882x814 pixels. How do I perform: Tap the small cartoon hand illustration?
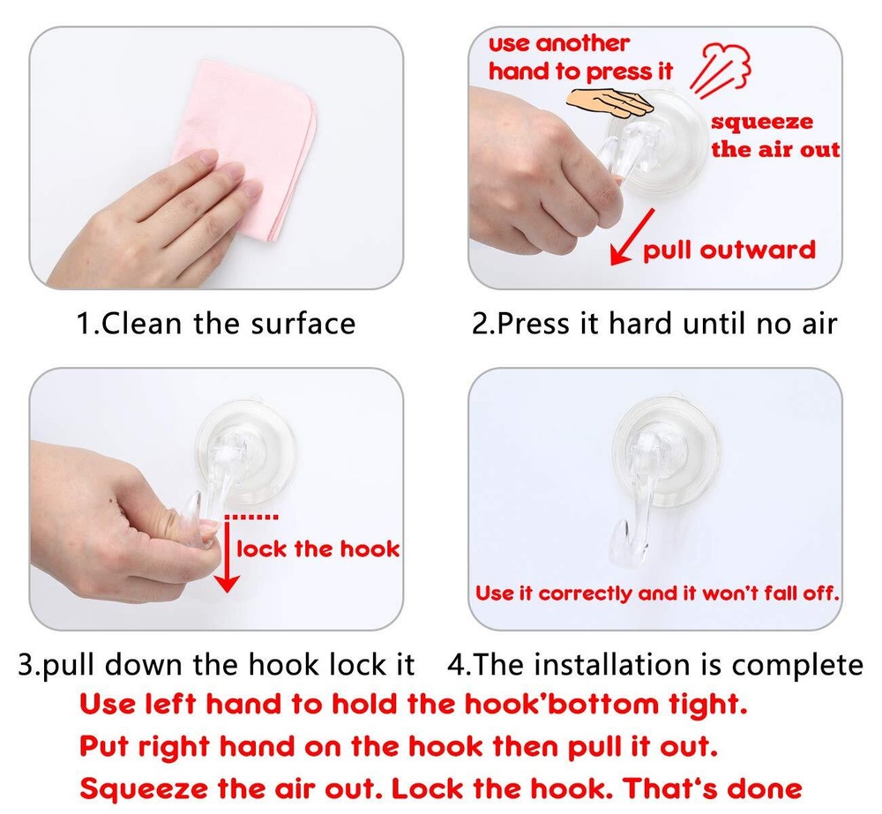point(609,104)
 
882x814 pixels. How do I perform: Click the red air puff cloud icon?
point(721,69)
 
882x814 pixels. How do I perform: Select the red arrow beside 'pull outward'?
point(632,237)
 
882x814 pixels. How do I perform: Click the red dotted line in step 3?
point(250,517)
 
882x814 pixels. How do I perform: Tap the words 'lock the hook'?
point(318,549)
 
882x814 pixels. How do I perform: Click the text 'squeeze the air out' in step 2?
point(775,136)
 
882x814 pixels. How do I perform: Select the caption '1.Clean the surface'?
point(216,324)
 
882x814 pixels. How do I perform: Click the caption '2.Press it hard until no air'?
point(654,324)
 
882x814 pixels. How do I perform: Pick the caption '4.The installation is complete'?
point(655,664)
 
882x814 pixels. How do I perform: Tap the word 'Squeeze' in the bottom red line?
point(144,788)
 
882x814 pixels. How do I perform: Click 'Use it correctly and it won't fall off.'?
point(657,593)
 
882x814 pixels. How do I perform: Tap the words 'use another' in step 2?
point(558,43)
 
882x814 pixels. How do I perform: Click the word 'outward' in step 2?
point(759,250)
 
